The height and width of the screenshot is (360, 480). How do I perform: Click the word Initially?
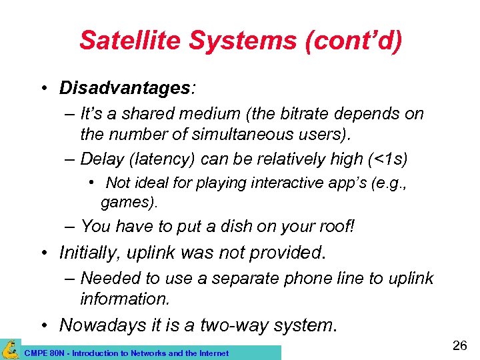(x=93, y=253)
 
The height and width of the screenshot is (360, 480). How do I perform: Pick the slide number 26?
(x=460, y=345)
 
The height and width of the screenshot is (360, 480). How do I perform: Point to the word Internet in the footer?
(x=213, y=353)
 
